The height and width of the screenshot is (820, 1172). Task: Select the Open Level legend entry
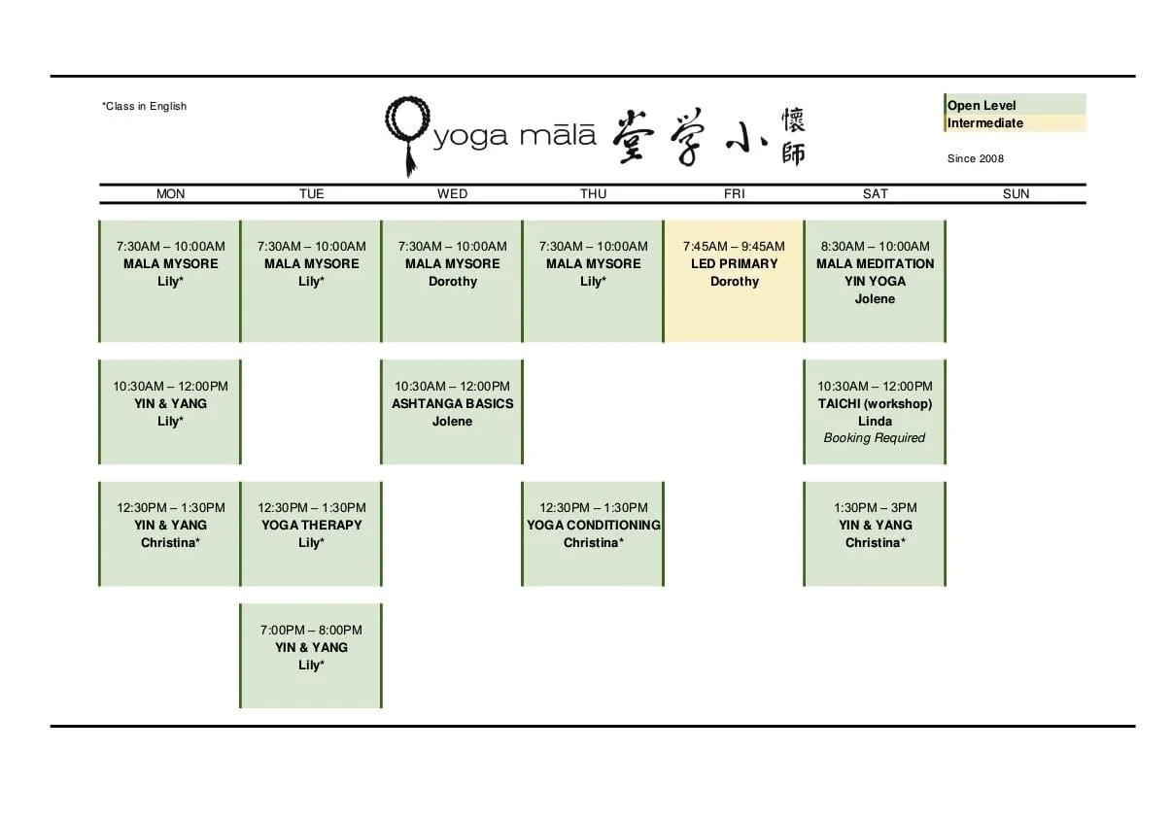tap(982, 105)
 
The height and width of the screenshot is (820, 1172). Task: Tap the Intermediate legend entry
tap(984, 123)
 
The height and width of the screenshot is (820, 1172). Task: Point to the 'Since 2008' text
tap(975, 158)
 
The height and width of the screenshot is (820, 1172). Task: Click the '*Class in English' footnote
tap(144, 106)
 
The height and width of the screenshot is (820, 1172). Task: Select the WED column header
tap(452, 193)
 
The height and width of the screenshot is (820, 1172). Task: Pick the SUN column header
tap(1016, 193)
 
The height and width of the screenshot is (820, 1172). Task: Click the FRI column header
tap(735, 193)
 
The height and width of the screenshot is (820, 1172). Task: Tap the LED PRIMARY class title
tap(735, 263)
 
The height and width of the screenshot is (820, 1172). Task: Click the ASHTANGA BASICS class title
tap(452, 403)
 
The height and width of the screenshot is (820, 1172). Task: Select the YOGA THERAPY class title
tap(311, 525)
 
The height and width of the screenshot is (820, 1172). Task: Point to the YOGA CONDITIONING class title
tap(594, 525)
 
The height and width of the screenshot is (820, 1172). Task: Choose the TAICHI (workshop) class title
tap(875, 403)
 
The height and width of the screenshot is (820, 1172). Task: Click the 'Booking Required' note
tap(875, 438)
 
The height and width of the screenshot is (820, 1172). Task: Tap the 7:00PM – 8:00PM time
tap(311, 630)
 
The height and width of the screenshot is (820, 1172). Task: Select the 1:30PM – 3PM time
tap(875, 507)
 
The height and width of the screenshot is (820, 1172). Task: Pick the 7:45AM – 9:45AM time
tap(734, 246)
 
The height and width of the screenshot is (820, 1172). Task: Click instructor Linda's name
tap(875, 421)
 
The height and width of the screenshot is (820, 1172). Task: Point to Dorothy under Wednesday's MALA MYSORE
tap(452, 281)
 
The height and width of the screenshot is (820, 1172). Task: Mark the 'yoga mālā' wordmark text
tap(514, 136)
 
